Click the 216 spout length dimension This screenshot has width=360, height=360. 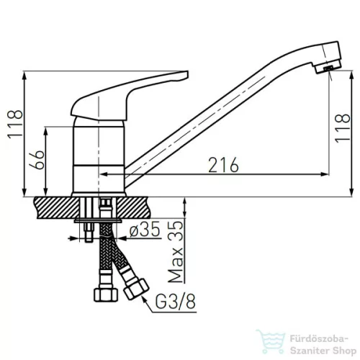click(x=223, y=165)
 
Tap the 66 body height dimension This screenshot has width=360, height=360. click(x=37, y=160)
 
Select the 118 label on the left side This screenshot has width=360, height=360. click(x=15, y=124)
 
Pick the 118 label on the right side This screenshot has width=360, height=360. click(x=343, y=128)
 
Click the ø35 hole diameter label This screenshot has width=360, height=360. click(x=145, y=229)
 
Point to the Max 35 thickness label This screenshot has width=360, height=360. click(x=176, y=252)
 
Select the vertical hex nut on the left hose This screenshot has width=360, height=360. click(x=106, y=294)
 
